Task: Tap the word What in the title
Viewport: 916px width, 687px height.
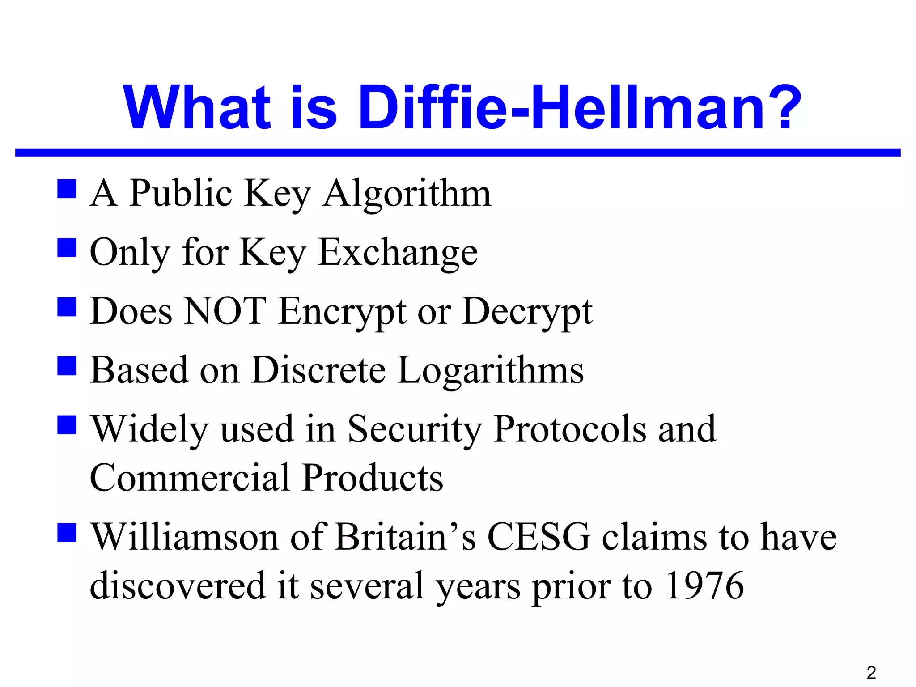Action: (x=197, y=108)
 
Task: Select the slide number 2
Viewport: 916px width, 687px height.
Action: (x=871, y=672)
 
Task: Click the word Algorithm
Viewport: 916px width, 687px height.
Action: (x=407, y=194)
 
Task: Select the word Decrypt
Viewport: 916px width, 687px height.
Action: (x=527, y=312)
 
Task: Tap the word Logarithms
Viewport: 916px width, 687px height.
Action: (x=490, y=371)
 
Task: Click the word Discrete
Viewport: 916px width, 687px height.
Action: (x=318, y=370)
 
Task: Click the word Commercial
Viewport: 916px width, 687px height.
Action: (x=190, y=478)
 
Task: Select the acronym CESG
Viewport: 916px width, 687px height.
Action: (x=539, y=536)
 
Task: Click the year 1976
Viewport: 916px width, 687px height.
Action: (x=705, y=585)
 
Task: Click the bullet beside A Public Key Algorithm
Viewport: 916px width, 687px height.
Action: (x=67, y=189)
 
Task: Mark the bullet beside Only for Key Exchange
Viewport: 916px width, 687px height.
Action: (x=67, y=248)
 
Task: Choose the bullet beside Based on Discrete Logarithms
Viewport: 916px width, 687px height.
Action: (x=67, y=365)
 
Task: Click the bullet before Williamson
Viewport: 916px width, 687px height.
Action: (x=67, y=532)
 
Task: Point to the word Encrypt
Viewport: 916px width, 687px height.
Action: (x=342, y=312)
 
